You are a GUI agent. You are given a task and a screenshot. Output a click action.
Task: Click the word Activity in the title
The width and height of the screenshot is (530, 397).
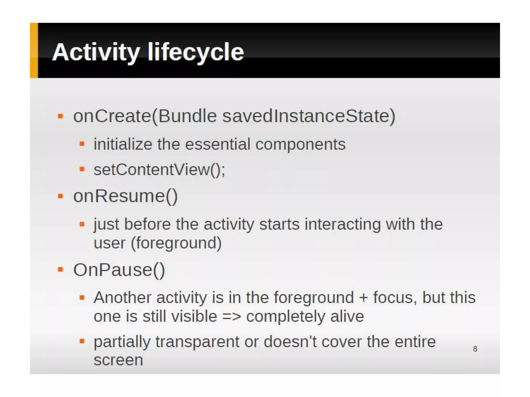point(96,52)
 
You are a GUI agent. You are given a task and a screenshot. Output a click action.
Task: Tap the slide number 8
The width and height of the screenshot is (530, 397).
point(475,349)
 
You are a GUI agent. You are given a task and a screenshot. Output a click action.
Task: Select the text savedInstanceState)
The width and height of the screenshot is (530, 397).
point(309,116)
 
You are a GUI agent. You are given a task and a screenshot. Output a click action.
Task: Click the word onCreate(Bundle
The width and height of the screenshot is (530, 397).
point(145,116)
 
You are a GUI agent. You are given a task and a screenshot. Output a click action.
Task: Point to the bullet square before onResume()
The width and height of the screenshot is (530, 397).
point(61,196)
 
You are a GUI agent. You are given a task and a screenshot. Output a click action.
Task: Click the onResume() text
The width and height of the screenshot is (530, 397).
point(126,196)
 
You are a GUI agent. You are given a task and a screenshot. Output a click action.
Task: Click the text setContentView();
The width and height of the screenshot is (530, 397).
point(159,170)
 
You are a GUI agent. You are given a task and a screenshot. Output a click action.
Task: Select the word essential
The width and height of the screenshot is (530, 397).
point(218,144)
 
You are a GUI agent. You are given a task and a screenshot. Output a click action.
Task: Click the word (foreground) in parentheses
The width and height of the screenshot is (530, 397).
point(176,243)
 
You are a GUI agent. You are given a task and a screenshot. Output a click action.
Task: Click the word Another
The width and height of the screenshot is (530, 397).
point(122,297)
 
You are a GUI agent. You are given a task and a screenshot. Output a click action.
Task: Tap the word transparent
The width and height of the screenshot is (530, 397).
point(197,342)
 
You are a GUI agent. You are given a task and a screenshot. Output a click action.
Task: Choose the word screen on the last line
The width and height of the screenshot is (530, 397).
point(118,360)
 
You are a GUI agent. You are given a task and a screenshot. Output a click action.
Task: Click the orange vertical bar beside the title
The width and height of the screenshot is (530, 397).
point(34,50)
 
